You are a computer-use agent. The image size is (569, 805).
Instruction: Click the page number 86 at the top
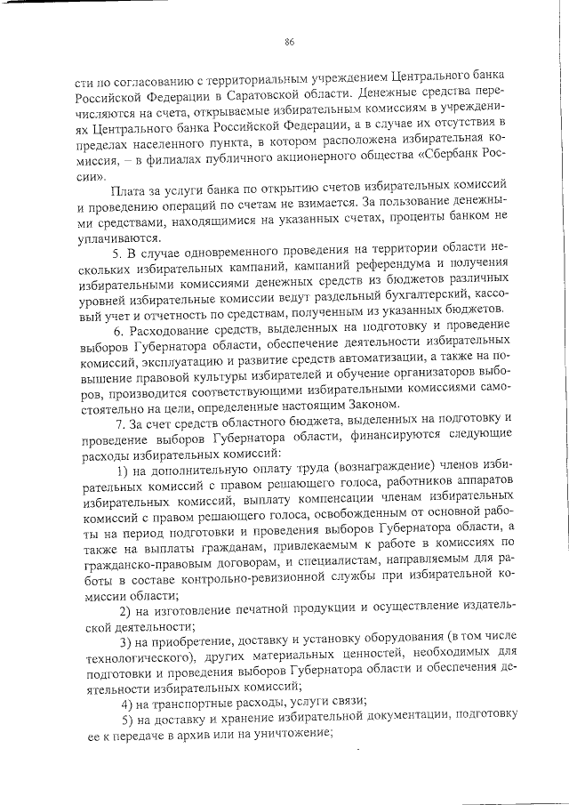pyautogui.click(x=289, y=42)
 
